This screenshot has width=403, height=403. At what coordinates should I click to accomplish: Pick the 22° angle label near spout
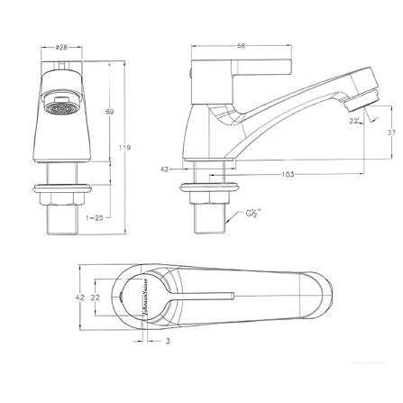click(x=355, y=119)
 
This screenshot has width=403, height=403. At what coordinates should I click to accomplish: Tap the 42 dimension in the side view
click(x=165, y=169)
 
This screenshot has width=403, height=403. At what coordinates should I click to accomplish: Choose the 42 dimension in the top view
click(x=79, y=297)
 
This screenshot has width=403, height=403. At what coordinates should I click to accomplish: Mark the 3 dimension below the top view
click(x=142, y=342)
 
